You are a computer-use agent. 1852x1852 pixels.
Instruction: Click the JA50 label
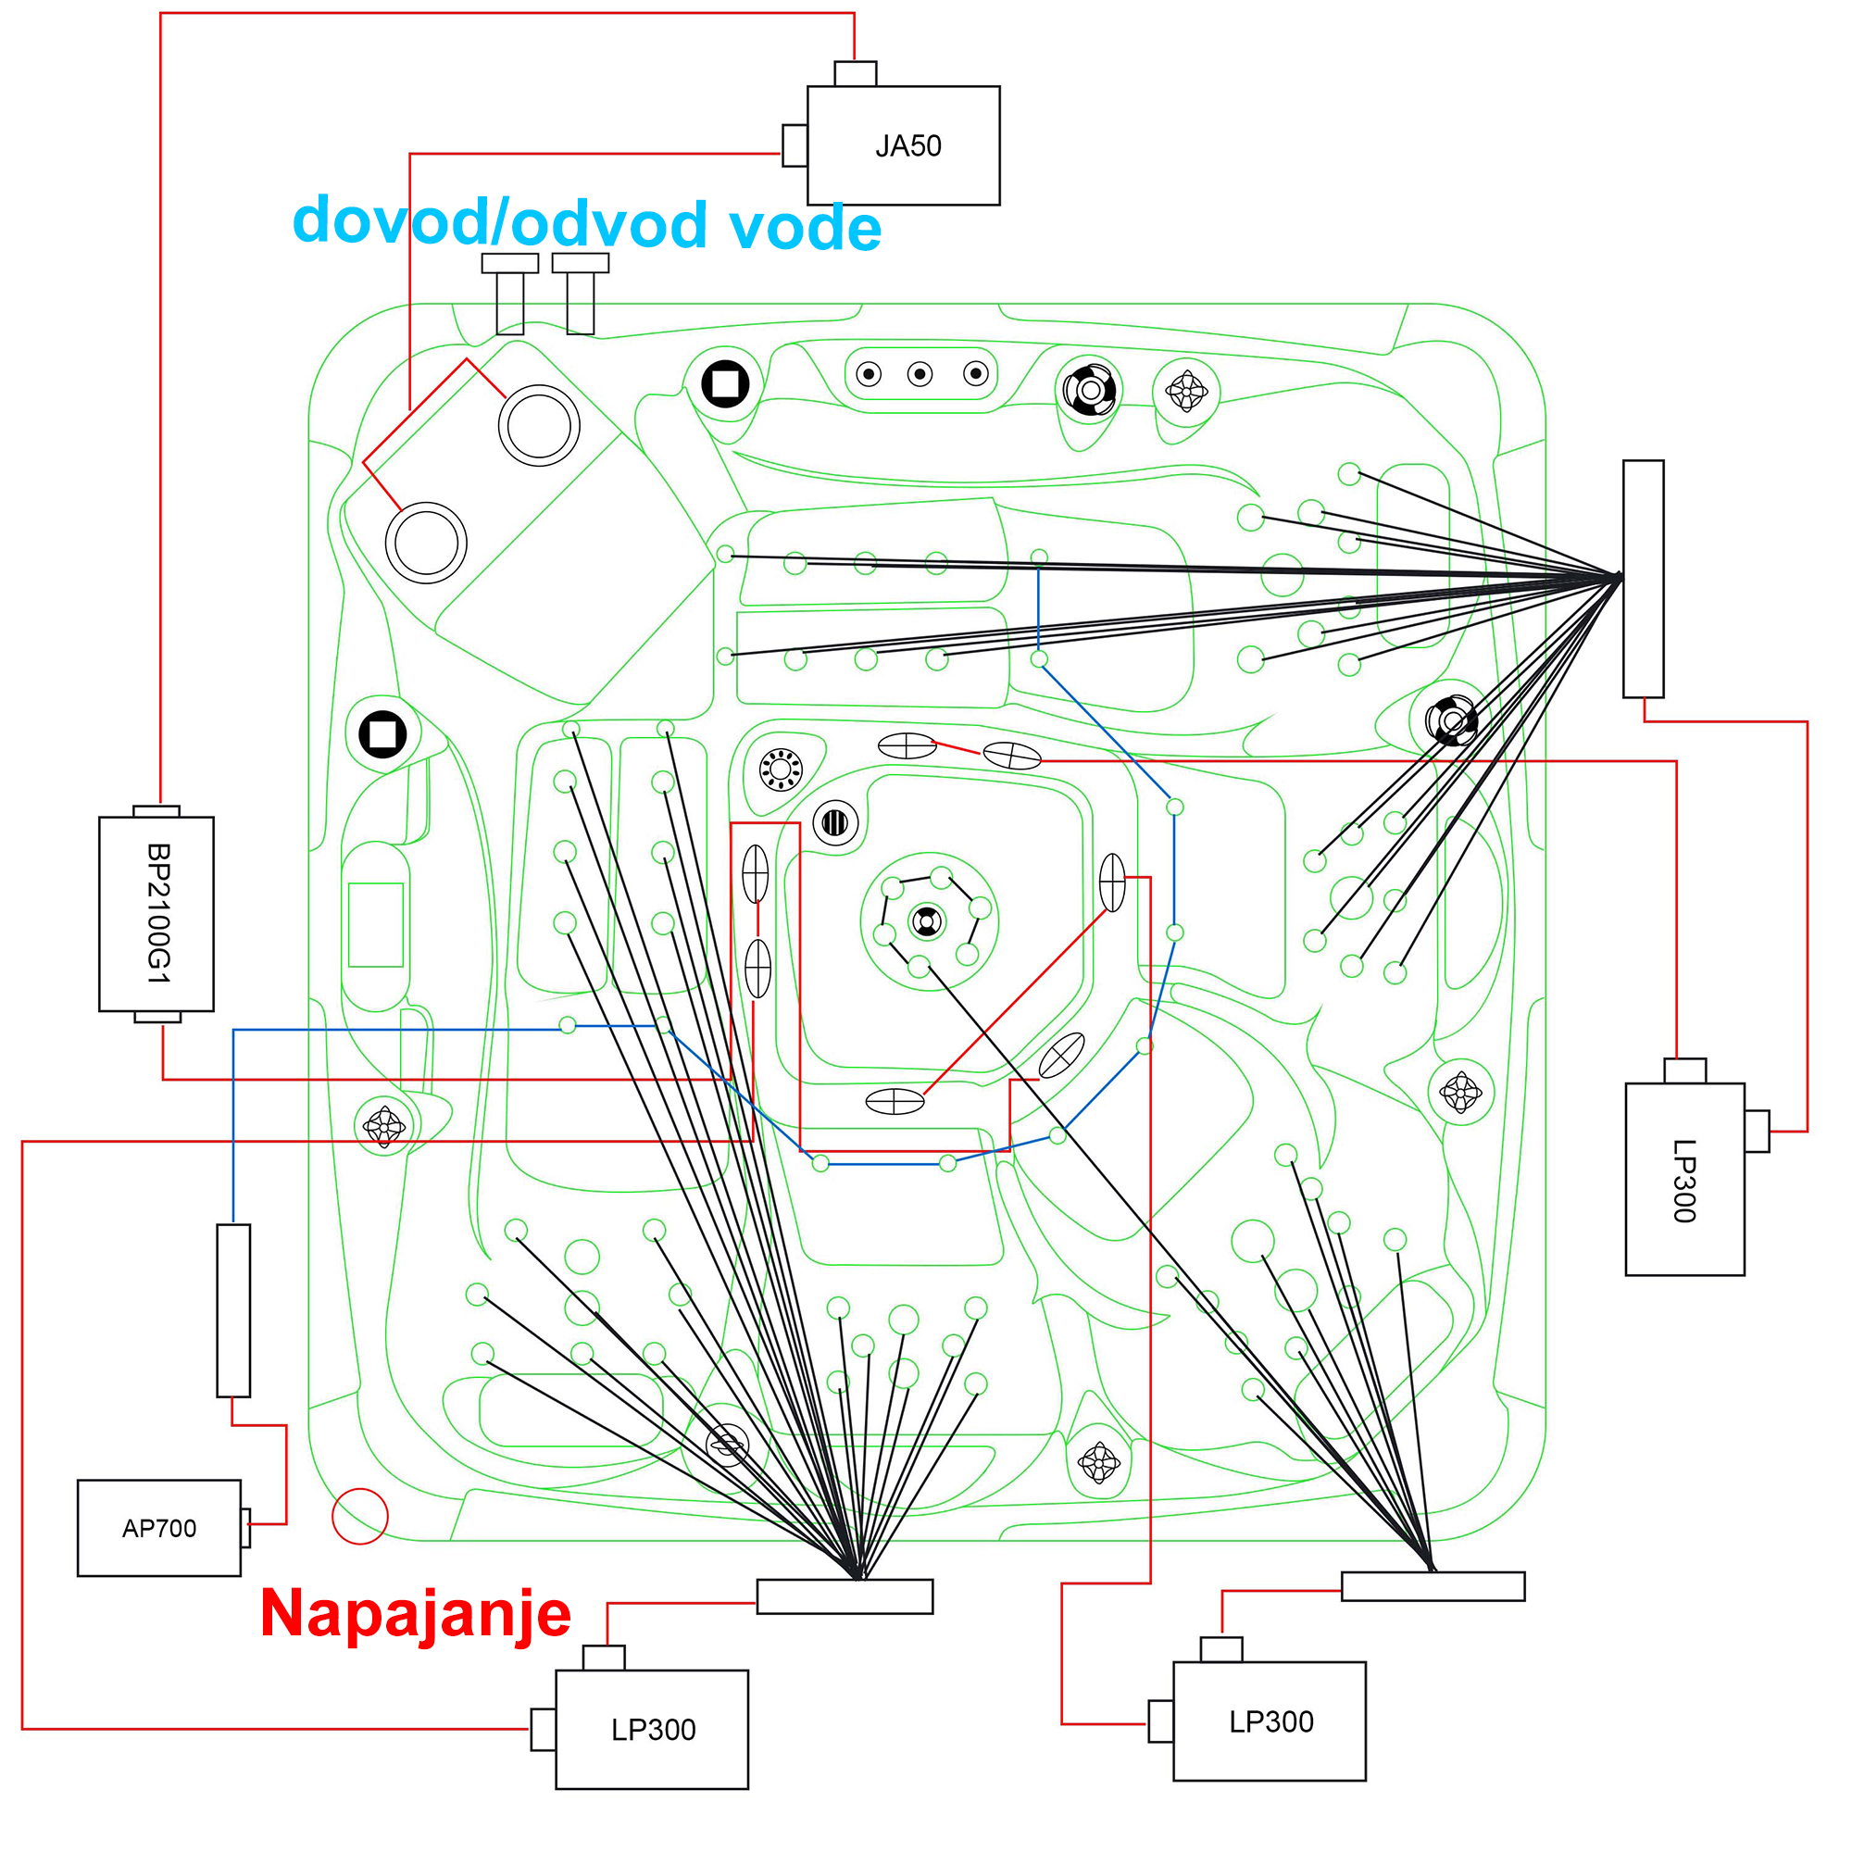[907, 146]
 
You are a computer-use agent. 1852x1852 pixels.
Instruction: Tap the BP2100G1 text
[158, 913]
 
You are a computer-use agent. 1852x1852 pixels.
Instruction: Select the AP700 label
[159, 1528]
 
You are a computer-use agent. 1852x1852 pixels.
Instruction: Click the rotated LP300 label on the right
[1683, 1181]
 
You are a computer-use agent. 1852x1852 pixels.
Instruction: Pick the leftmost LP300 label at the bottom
[653, 1729]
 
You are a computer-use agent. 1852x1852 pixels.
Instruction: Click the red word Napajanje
[415, 1613]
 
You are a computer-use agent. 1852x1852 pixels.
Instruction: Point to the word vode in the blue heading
[805, 228]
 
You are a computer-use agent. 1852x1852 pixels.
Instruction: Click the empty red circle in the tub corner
[359, 1517]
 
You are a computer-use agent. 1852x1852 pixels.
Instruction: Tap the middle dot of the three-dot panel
[920, 374]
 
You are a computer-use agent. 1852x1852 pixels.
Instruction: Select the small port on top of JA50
[855, 74]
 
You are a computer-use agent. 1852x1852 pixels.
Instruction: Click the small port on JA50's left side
[795, 145]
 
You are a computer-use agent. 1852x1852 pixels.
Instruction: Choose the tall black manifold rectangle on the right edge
[1643, 578]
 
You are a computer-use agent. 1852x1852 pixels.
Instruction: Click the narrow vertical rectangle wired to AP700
[234, 1310]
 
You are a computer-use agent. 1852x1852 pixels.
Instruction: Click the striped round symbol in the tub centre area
[835, 822]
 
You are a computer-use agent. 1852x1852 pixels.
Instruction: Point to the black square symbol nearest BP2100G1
[382, 734]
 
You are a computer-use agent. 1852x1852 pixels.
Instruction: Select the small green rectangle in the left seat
[376, 925]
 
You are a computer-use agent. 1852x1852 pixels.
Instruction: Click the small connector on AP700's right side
[245, 1528]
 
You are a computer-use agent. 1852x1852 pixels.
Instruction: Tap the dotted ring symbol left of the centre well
[781, 769]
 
